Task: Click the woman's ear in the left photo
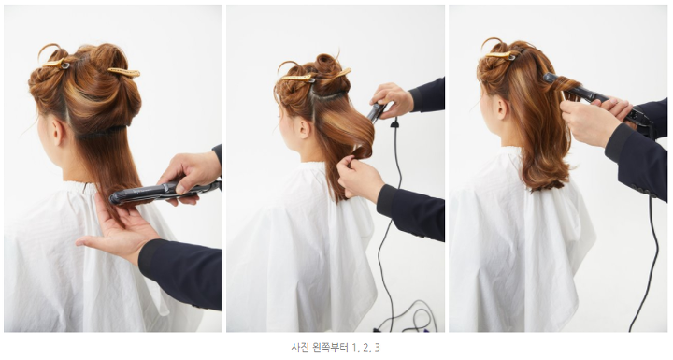tap(58, 133)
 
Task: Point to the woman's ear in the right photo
tap(501, 108)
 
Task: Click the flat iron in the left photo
tap(165, 192)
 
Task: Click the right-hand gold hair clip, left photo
tap(124, 72)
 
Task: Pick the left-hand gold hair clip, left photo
tap(55, 64)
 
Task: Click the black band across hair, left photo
tap(101, 131)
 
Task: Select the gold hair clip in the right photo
tap(500, 55)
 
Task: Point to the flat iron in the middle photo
tap(377, 111)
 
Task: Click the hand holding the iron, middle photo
tap(391, 100)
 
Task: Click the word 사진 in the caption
tap(298, 347)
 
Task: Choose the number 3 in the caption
tap(377, 347)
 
